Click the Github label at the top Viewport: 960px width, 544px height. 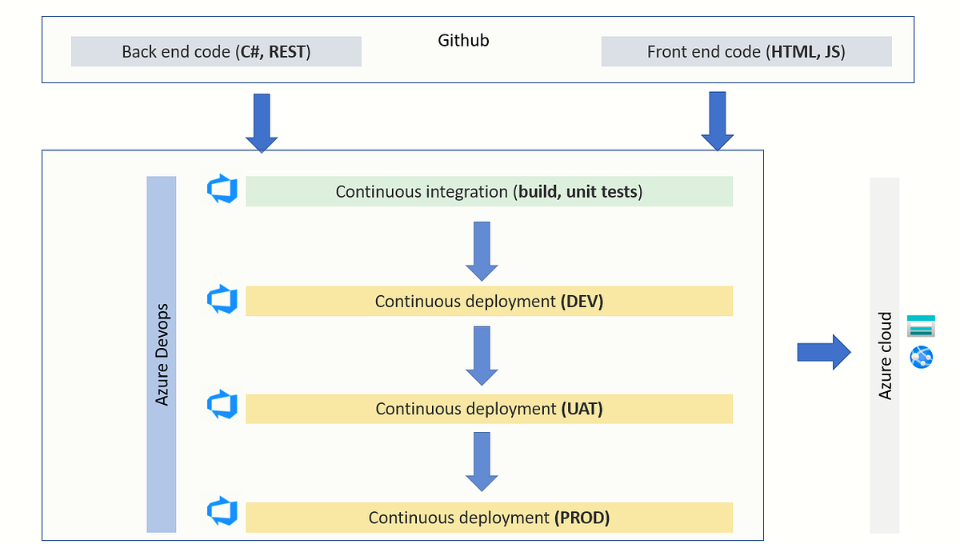pos(463,40)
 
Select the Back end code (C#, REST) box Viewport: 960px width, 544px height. pos(216,52)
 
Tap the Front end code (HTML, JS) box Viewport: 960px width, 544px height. pos(746,52)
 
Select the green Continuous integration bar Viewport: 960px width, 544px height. pos(489,192)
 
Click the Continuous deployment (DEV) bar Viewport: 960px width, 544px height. pos(489,302)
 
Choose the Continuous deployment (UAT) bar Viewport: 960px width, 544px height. pos(489,409)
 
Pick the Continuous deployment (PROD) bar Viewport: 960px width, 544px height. pos(489,518)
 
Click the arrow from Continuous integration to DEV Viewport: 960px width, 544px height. pos(482,251)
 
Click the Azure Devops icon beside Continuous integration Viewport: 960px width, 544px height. pos(222,190)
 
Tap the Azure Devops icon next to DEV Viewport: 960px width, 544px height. pos(222,299)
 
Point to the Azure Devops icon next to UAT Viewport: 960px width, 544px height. pos(222,405)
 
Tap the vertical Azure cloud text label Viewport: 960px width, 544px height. pos(885,356)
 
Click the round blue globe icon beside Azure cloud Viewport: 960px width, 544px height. pos(921,357)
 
